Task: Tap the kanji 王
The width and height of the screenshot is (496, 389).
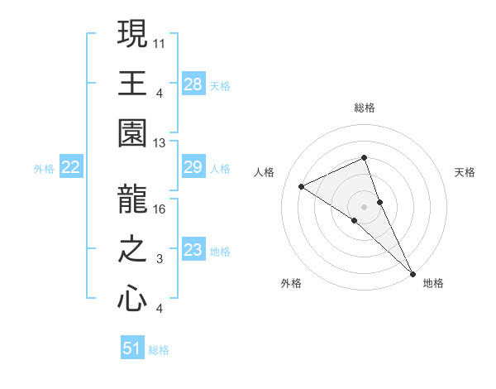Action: pos(132,84)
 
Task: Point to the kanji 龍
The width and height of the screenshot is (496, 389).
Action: pos(132,199)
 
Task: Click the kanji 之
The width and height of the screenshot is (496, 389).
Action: pos(132,249)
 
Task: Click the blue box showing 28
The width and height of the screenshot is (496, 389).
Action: pos(193,84)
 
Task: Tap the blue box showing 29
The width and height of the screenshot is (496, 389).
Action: pos(193,168)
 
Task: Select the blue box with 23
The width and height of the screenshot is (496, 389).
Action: pos(193,250)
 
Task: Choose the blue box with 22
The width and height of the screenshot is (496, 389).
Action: pos(71,168)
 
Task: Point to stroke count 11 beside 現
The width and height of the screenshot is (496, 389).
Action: pos(160,41)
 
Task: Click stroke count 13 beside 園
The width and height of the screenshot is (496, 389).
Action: pos(160,142)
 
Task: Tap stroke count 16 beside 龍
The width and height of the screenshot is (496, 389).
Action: pos(160,209)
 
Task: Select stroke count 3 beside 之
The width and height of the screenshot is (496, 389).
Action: pos(160,259)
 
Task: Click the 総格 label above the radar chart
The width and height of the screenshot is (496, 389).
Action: pos(365,108)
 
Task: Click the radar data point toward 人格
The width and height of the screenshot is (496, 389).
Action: pos(302,186)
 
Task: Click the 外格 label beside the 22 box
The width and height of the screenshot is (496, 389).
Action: pos(44,169)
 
